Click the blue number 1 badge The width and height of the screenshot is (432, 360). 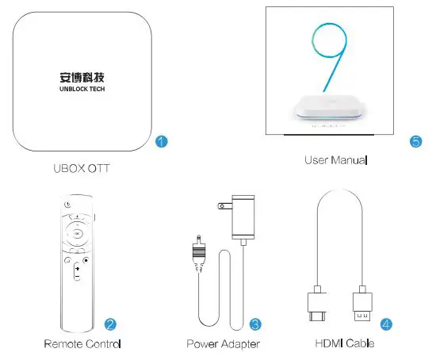[161, 142]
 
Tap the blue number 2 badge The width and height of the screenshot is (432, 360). [110, 324]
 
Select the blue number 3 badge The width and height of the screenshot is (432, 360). [255, 324]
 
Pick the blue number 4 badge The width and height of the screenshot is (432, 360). [386, 324]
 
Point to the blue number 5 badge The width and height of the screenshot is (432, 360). [415, 142]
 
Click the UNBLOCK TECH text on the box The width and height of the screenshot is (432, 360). [83, 90]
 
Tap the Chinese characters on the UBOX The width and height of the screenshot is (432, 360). [83, 78]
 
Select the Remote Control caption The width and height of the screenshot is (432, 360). [82, 345]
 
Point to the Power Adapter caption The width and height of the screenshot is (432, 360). [224, 345]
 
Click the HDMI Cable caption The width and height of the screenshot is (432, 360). [344, 345]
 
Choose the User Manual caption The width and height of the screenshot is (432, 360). [336, 161]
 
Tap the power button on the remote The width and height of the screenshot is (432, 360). [69, 206]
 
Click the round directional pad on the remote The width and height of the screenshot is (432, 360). [75, 233]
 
